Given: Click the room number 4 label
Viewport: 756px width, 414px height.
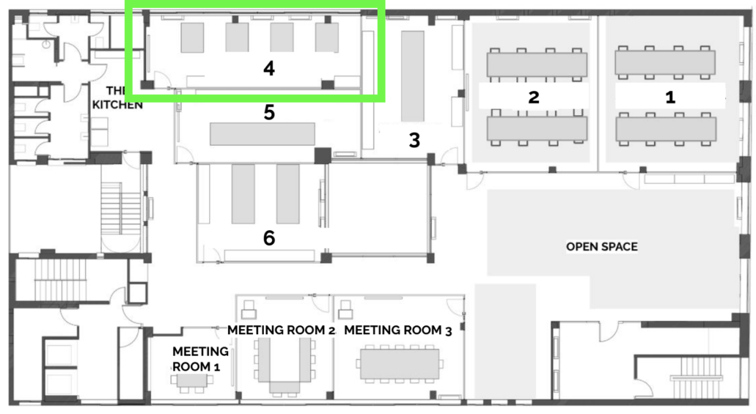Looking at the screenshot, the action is [269, 69].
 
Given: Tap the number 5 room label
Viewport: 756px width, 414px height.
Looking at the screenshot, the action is [269, 112].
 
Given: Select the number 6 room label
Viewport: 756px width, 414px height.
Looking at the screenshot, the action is [269, 238].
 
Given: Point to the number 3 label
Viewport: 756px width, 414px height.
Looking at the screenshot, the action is [414, 141].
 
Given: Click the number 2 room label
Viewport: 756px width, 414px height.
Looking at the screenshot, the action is [533, 97].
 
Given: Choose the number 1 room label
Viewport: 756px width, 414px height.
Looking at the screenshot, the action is [670, 97].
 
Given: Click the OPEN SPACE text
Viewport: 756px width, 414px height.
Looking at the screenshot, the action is [602, 247].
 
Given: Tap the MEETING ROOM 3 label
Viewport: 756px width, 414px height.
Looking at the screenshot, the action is [398, 330].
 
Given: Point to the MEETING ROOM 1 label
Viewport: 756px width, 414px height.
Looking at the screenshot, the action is [199, 359].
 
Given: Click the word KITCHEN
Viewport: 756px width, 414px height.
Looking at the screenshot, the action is [117, 105].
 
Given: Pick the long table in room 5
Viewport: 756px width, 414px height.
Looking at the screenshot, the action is [262, 134].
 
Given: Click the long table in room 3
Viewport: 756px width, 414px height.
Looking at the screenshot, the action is [413, 77].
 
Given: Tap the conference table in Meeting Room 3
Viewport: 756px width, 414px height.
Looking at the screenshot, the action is [400, 364].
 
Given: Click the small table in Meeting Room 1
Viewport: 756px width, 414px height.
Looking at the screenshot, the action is [191, 380].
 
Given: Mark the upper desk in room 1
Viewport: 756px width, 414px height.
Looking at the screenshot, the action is [665, 62].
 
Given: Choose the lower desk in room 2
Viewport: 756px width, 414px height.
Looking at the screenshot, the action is [537, 128].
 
